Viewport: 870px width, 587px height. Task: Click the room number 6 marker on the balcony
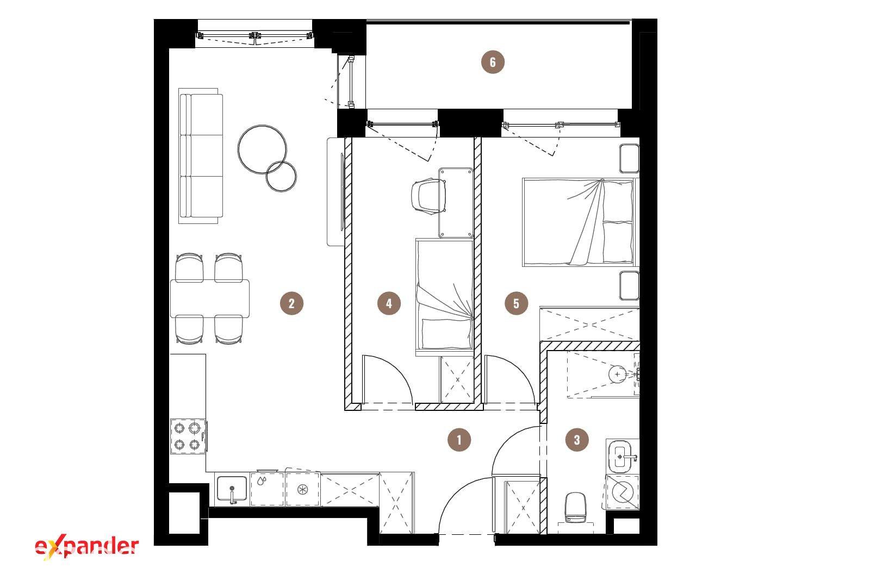tap(493, 62)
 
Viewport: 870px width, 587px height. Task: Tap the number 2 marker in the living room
tap(291, 303)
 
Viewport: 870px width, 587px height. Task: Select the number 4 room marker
tap(389, 303)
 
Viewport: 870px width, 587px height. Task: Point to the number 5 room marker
tap(516, 303)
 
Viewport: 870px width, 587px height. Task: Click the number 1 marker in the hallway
tap(459, 440)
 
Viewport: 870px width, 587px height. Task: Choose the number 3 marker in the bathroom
tap(577, 440)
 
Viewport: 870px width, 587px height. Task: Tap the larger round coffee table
tap(262, 149)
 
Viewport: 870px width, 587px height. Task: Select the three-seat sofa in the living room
tap(201, 155)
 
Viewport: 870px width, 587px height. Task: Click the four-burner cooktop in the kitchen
tap(188, 436)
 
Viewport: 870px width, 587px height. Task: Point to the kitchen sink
tap(232, 489)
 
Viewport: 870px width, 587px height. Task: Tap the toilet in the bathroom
tap(575, 507)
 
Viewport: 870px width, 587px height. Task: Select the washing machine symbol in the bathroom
tap(623, 492)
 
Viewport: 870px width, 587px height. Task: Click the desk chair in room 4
tap(428, 196)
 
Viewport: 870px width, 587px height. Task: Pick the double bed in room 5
tap(580, 222)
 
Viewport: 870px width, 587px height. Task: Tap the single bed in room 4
tap(445, 297)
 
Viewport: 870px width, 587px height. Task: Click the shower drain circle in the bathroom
tap(617, 374)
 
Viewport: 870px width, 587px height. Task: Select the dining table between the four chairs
tap(210, 298)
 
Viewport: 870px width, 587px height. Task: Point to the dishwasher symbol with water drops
tap(267, 489)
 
